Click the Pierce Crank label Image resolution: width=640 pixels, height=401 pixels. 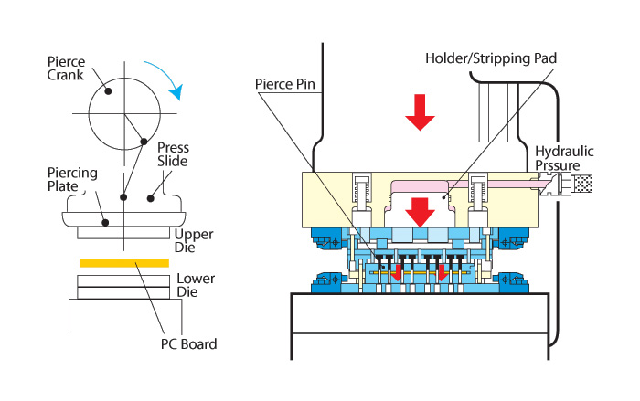[x=66, y=69]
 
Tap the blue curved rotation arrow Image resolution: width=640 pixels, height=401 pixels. [x=169, y=76]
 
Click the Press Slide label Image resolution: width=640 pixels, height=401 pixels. [x=173, y=154]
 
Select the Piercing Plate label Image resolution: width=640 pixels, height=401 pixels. [x=72, y=180]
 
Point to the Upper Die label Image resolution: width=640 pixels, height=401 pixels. [x=194, y=240]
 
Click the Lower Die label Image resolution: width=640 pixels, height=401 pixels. [x=196, y=285]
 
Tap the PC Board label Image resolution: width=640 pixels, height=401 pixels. [x=188, y=343]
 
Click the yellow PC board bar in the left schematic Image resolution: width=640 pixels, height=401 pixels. [x=124, y=263]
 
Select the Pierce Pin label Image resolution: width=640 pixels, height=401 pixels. [x=285, y=84]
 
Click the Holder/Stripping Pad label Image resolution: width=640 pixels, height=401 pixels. [x=491, y=58]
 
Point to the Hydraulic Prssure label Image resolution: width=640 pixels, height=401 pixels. [x=564, y=158]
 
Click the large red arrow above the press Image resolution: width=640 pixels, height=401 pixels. [x=420, y=111]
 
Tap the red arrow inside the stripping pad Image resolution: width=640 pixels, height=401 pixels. [x=420, y=212]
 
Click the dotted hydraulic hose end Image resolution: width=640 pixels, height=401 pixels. [x=583, y=184]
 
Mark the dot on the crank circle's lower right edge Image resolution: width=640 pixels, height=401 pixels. [x=144, y=142]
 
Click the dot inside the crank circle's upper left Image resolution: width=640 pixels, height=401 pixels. [x=108, y=91]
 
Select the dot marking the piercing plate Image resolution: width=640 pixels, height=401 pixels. [x=105, y=223]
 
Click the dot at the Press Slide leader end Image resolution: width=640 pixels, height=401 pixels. [x=151, y=198]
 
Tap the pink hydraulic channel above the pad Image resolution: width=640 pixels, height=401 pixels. [x=461, y=185]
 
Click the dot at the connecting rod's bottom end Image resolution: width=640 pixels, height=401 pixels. [x=123, y=197]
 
